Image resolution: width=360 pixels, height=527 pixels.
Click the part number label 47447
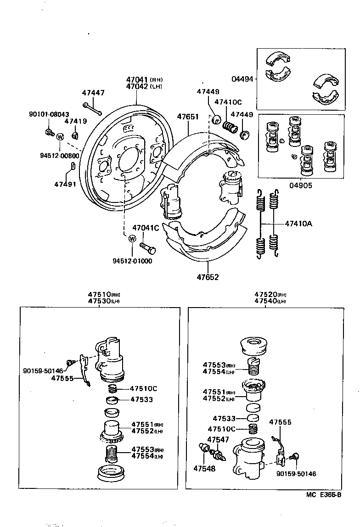point(93,93)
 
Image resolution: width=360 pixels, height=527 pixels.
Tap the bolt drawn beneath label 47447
point(92,109)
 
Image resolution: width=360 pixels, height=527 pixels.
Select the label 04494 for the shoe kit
point(242,79)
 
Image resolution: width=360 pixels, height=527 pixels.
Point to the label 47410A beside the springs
point(298,224)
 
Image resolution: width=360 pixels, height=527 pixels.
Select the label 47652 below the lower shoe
point(208,277)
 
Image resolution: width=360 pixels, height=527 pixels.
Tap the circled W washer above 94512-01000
point(132,239)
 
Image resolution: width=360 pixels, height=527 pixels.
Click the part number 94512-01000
point(132,261)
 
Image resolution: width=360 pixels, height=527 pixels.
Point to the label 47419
point(73,122)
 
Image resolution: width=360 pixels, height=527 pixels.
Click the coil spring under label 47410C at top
point(230,126)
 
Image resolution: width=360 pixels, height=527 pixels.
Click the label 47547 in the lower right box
point(218,439)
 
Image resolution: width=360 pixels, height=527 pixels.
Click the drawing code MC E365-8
point(324,495)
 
